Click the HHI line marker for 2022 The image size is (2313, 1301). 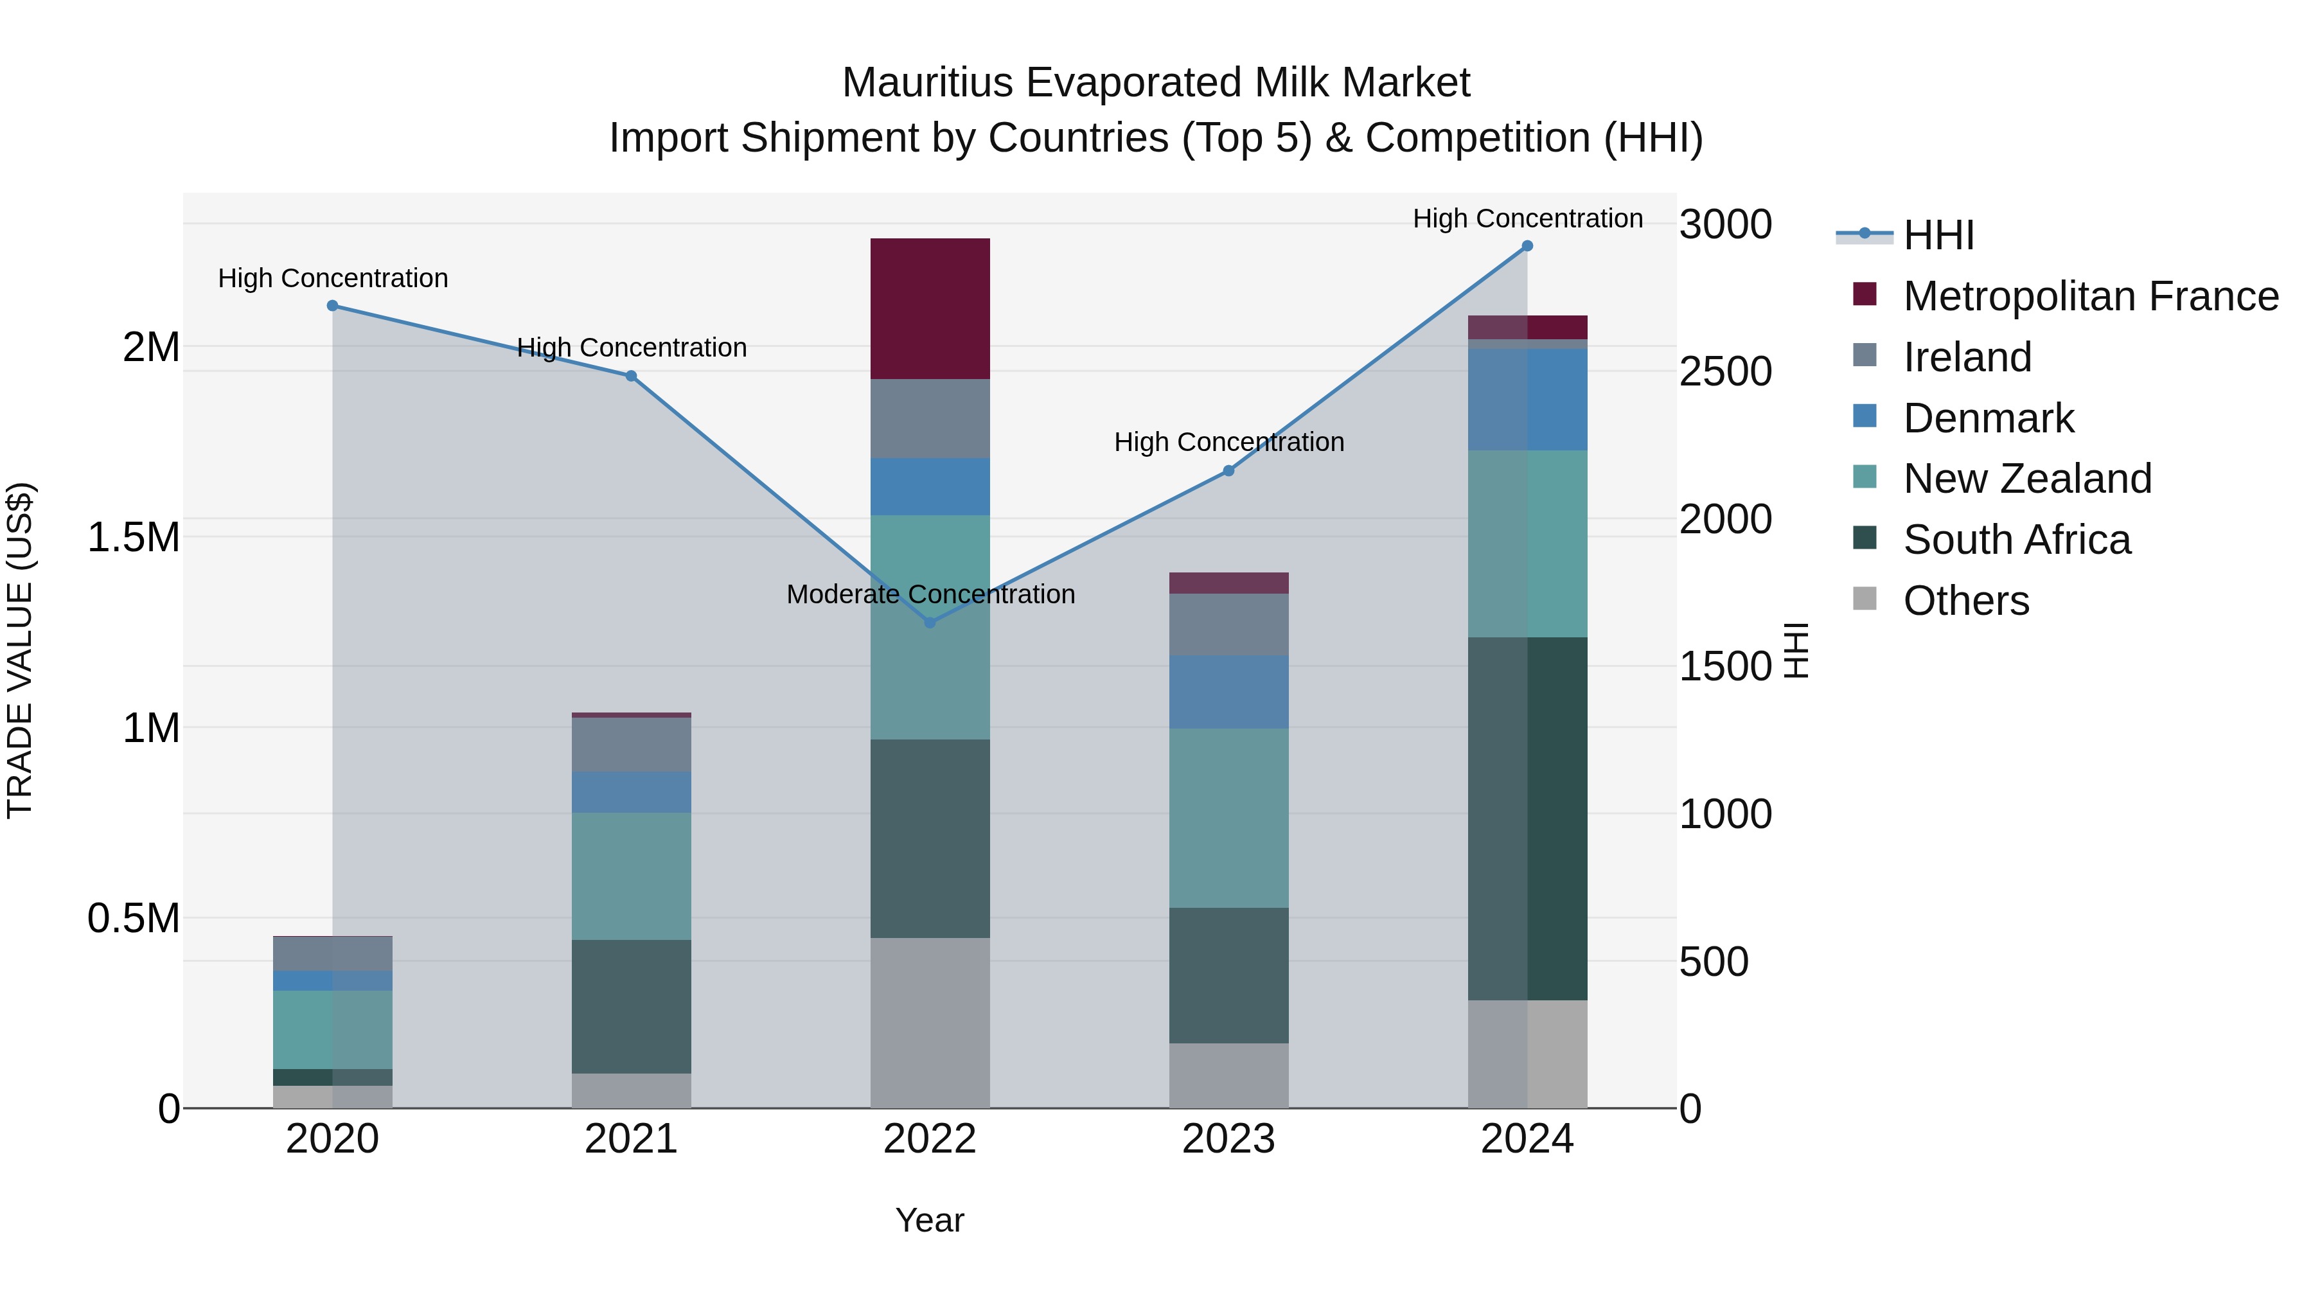click(930, 622)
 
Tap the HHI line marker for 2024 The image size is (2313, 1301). click(1527, 246)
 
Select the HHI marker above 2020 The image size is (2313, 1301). click(332, 305)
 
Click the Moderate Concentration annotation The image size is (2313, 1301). click(930, 594)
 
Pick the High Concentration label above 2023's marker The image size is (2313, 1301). click(1228, 442)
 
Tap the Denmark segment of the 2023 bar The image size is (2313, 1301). click(1228, 691)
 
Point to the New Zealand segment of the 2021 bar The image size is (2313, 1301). click(631, 876)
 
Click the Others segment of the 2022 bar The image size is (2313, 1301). click(930, 1023)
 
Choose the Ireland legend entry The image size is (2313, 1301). click(1967, 357)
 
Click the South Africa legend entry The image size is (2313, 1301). click(2016, 540)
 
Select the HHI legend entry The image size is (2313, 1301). click(1938, 235)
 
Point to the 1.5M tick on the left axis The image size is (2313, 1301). click(133, 538)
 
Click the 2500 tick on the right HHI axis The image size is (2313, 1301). click(1725, 372)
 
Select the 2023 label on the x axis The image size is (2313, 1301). click(1228, 1139)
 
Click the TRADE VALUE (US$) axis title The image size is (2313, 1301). click(20, 650)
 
